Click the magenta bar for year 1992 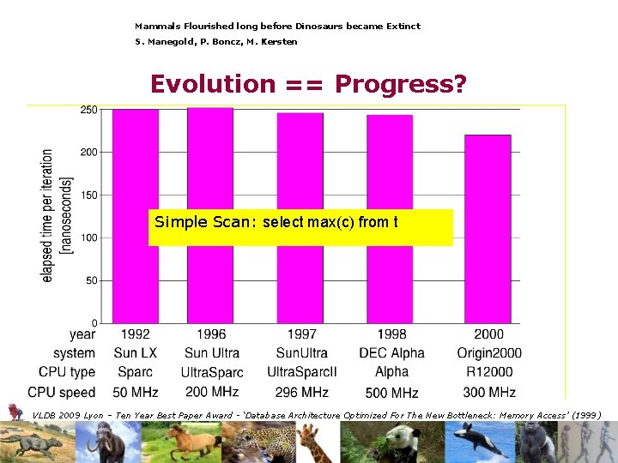pos(135,171)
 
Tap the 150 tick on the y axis pos(89,195)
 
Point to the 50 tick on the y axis pos(92,280)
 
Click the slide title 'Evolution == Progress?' pos(308,84)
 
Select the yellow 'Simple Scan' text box pos(300,226)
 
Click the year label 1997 pos(302,334)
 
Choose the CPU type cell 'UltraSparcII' pos(302,372)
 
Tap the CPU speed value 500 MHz pos(391,393)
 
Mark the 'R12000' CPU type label pos(489,372)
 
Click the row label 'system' pos(74,353)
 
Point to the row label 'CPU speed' pos(67,392)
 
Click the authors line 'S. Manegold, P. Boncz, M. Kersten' pos(216,42)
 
